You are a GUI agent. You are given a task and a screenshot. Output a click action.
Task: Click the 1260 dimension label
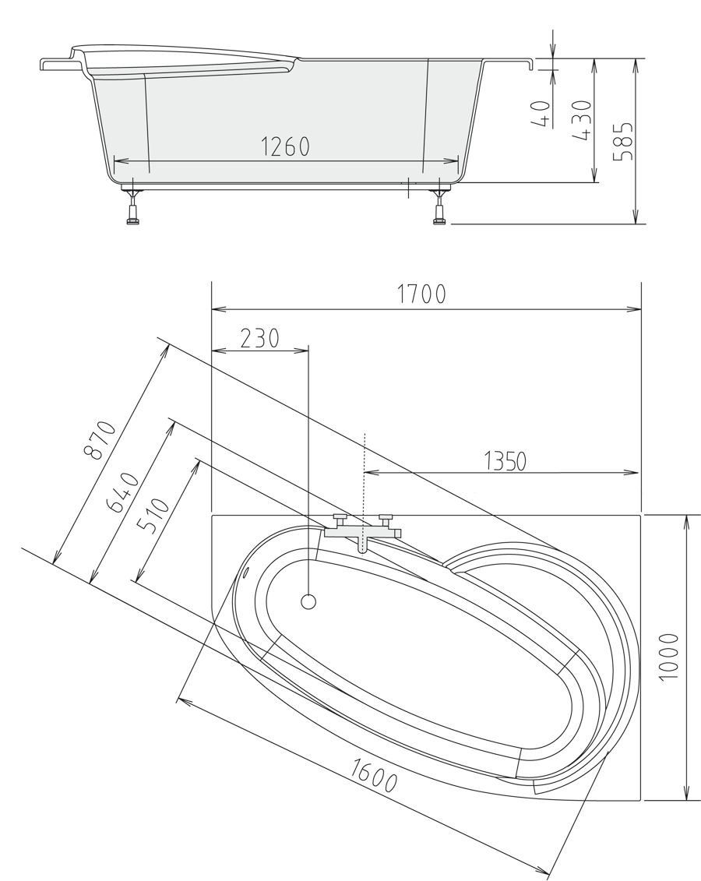[285, 146]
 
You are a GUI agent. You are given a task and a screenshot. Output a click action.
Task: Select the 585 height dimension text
[623, 141]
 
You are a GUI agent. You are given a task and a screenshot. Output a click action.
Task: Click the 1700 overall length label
[421, 294]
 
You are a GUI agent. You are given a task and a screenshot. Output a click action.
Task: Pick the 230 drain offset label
[259, 338]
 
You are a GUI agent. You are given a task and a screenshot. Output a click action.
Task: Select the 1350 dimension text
[505, 461]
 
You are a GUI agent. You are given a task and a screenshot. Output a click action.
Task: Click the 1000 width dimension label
[668, 657]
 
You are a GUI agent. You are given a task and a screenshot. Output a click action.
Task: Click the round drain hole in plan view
[308, 601]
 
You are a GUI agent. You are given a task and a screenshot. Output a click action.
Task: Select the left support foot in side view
[132, 211]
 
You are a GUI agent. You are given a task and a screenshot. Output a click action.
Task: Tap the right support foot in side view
[439, 211]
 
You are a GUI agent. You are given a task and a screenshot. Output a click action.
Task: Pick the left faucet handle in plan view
[340, 518]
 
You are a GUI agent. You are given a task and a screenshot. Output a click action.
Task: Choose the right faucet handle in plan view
[385, 518]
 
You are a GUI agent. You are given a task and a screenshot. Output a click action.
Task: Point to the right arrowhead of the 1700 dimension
[636, 309]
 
